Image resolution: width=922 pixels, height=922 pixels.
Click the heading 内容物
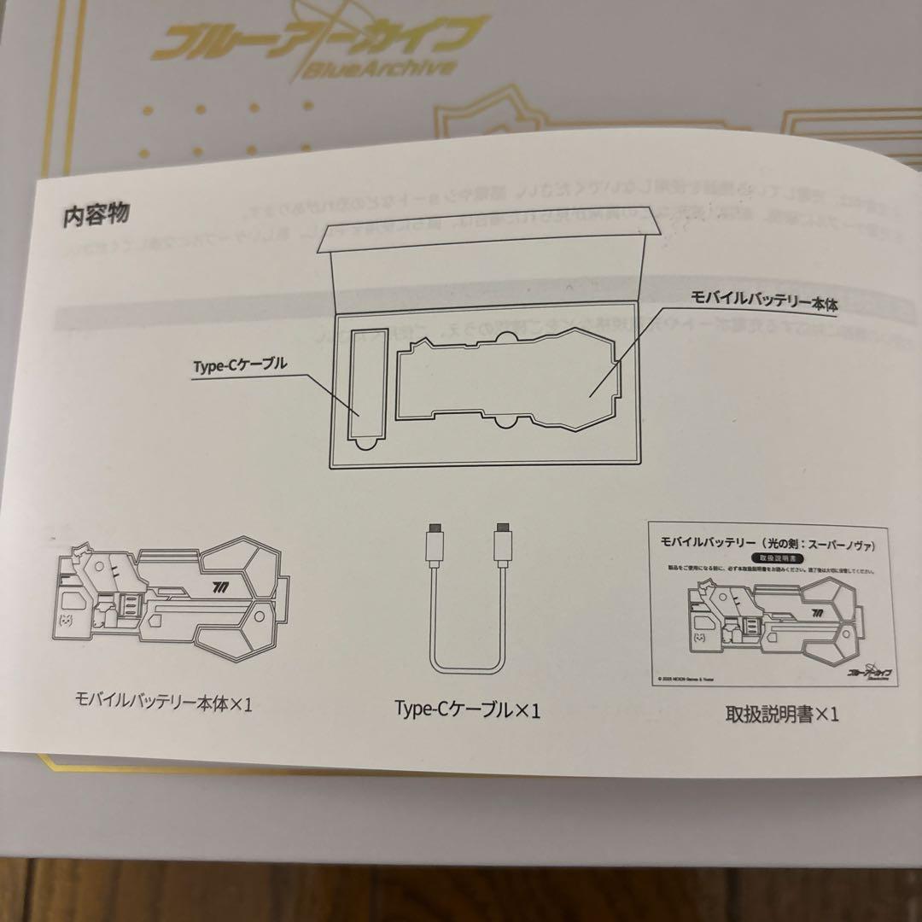coord(96,213)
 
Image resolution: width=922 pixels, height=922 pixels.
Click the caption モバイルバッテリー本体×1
coord(164,704)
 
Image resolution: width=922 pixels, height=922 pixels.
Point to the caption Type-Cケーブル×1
coord(467,709)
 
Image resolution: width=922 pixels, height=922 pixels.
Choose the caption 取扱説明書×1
coord(781,713)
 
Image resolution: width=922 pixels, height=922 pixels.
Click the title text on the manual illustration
coord(768,543)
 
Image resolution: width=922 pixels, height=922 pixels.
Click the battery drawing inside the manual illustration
coord(769,619)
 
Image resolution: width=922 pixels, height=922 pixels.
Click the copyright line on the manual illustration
coord(696,680)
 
